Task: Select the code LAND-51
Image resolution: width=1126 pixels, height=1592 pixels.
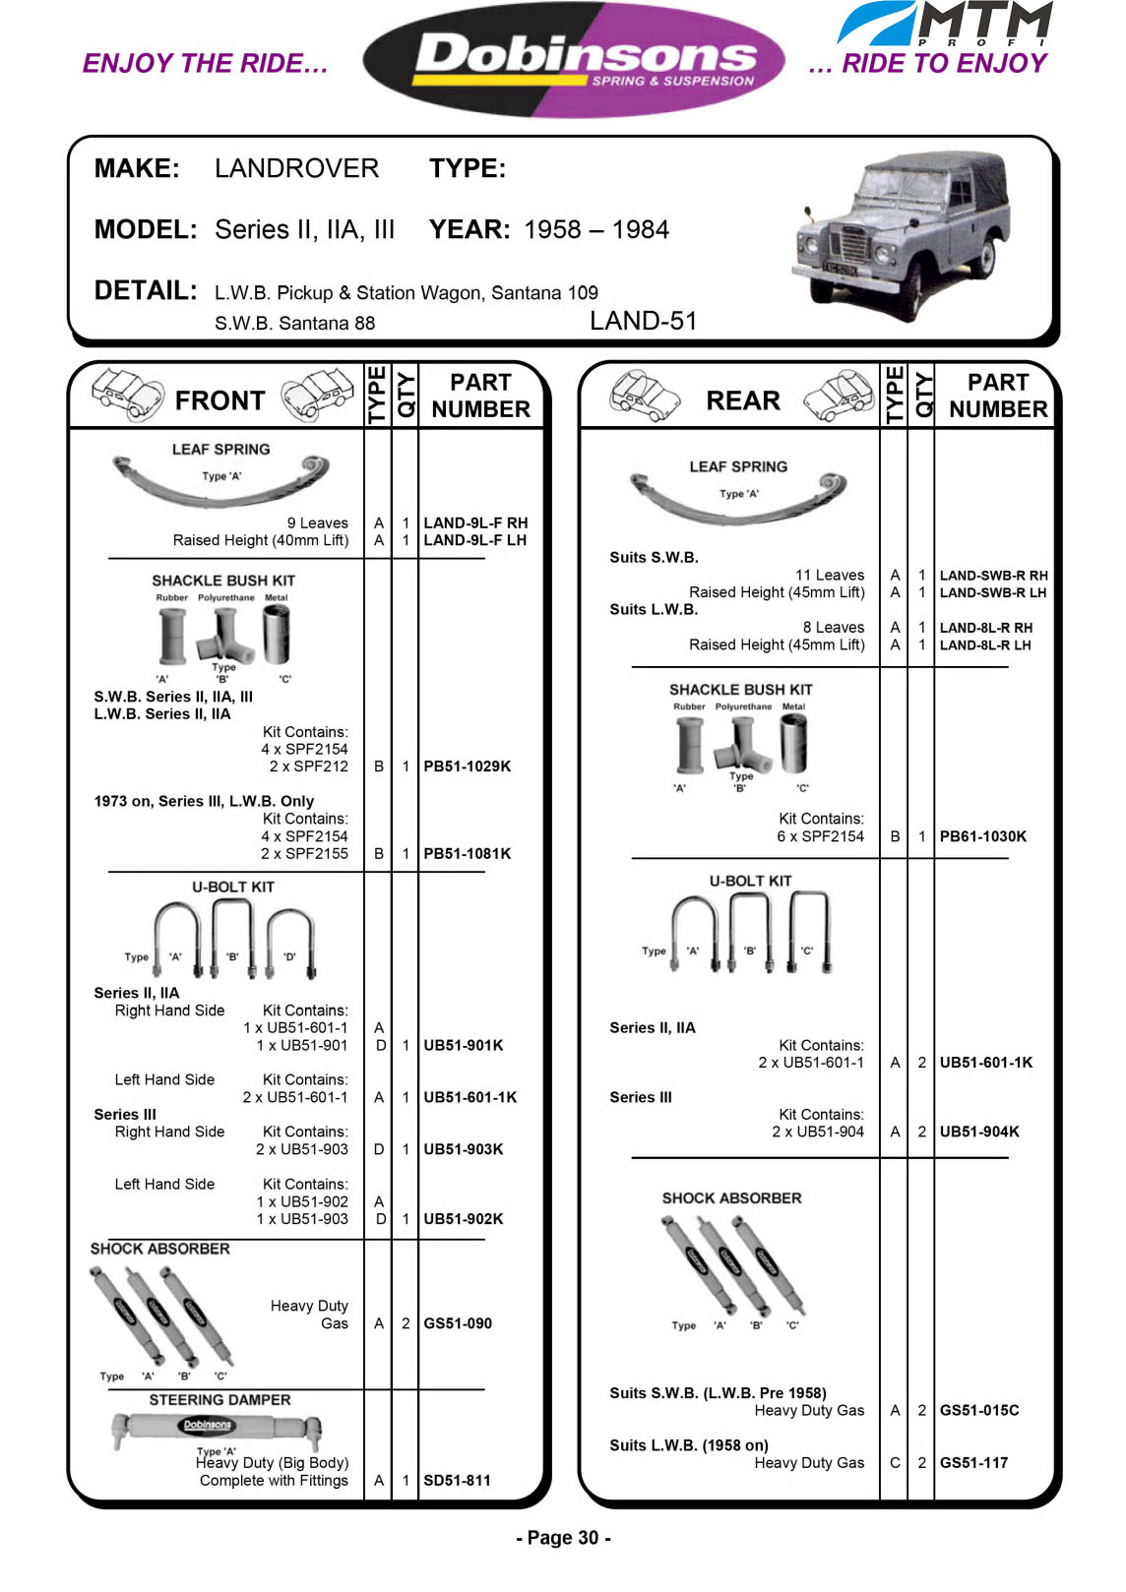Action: (x=643, y=322)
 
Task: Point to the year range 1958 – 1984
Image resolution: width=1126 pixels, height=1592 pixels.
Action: (x=595, y=230)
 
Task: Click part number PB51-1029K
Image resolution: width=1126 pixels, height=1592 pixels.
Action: (x=467, y=766)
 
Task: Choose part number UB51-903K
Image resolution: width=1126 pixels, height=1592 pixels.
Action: (x=463, y=1149)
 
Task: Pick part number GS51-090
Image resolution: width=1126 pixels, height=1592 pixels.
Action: (x=458, y=1323)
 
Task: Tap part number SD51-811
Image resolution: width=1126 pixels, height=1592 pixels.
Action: (x=457, y=1480)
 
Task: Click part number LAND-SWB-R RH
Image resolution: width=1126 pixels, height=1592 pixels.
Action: (x=993, y=576)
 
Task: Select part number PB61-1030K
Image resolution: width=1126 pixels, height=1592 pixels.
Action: (x=982, y=836)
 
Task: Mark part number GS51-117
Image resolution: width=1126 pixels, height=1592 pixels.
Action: (x=973, y=1463)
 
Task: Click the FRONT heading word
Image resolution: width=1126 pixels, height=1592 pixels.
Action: (x=219, y=401)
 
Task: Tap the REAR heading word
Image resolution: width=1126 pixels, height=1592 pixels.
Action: (x=743, y=401)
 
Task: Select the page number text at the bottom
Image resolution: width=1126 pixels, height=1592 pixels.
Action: (x=563, y=1538)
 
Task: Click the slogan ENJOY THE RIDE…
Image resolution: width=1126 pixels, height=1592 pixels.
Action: (x=205, y=64)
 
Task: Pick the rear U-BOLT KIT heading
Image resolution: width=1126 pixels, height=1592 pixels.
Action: (x=750, y=881)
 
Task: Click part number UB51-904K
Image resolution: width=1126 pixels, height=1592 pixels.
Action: (x=979, y=1132)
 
